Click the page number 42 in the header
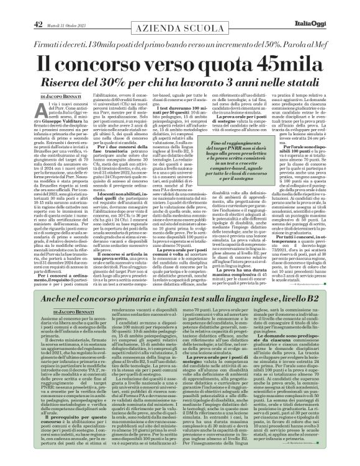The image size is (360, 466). click(38, 7)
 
